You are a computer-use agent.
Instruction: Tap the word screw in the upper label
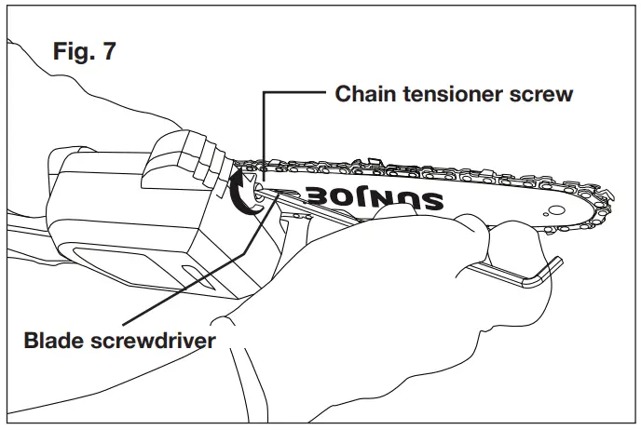coord(543,94)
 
